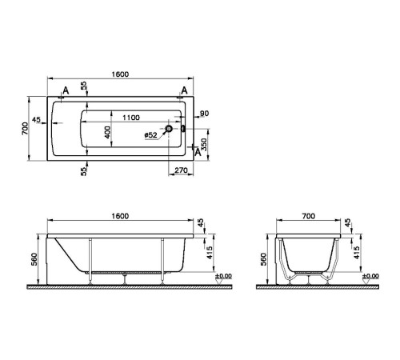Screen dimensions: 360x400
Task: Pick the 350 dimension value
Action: coord(205,143)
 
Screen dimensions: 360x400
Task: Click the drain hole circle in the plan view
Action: coord(169,128)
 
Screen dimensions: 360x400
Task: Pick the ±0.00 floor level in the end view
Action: coord(371,277)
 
